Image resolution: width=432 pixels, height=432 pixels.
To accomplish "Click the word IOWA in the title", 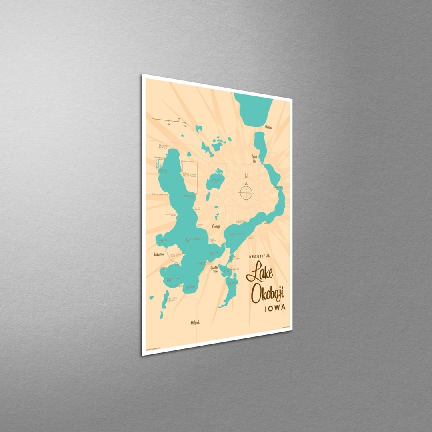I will [x=275, y=308].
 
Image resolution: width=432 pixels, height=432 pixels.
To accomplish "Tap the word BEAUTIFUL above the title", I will [x=259, y=256].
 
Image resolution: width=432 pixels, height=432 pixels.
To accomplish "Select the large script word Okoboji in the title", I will [x=267, y=294].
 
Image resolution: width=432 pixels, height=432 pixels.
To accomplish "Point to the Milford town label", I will [x=195, y=322].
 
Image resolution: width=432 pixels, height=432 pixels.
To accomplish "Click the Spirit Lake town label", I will [x=254, y=158].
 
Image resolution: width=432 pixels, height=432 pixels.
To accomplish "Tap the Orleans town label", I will [x=269, y=127].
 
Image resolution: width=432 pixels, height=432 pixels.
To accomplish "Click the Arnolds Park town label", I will [x=215, y=269].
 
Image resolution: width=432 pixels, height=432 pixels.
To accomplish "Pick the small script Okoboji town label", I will [x=216, y=226].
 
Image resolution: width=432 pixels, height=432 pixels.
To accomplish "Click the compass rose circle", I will [x=246, y=193].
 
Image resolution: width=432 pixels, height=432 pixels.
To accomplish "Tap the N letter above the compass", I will [x=246, y=176].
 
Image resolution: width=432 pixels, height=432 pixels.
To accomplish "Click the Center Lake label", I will [x=216, y=180].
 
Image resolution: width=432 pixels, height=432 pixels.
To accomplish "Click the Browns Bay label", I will [x=190, y=287].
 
